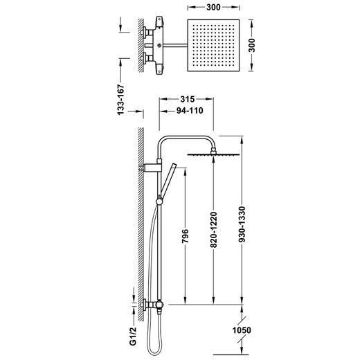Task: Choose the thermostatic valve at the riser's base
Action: tap(156, 305)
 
